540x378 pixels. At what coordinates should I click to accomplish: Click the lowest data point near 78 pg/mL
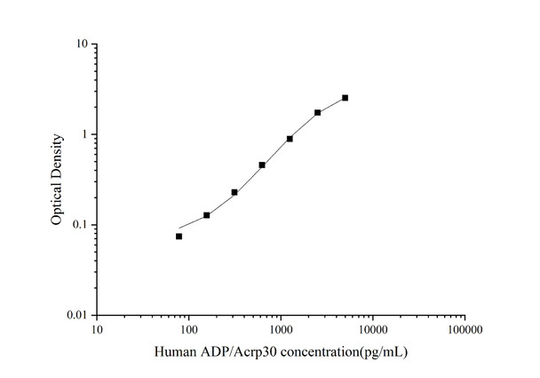click(x=179, y=236)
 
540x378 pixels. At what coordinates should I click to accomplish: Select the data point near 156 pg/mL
click(x=206, y=215)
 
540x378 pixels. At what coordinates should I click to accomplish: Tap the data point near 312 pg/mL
click(x=234, y=192)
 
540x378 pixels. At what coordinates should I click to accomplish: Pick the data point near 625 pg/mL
click(x=262, y=165)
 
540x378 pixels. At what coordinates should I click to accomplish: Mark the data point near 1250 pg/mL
click(x=290, y=139)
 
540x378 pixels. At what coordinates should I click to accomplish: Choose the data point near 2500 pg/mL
click(x=317, y=113)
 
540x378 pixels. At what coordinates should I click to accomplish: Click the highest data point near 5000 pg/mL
click(x=345, y=98)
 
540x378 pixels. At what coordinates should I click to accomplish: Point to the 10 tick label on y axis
click(x=80, y=44)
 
